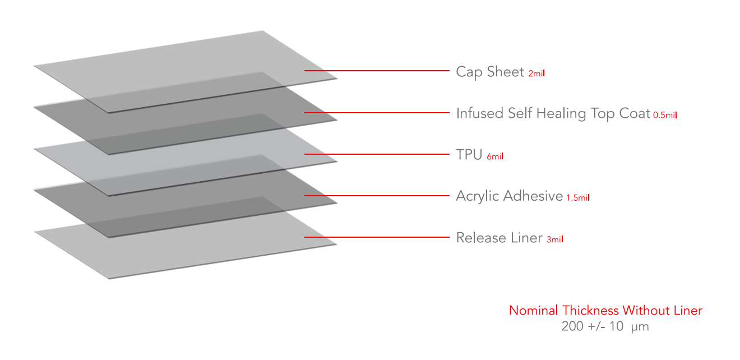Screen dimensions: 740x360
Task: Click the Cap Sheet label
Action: click(490, 72)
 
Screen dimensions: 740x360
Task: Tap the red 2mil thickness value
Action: click(536, 73)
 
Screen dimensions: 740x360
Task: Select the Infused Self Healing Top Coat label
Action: click(553, 113)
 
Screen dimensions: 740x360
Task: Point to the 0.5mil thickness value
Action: click(665, 115)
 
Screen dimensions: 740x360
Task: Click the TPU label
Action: click(469, 155)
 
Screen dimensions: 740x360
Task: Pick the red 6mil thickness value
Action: click(495, 156)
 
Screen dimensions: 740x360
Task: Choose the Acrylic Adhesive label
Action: click(510, 196)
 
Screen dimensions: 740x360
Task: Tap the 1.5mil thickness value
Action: click(578, 198)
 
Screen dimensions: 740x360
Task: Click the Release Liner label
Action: click(499, 238)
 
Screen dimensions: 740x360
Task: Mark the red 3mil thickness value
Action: click(555, 239)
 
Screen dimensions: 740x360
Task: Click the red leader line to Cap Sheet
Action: click(377, 71)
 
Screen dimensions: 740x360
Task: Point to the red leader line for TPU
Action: click(377, 154)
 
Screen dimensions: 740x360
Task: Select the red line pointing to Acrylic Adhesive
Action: click(377, 196)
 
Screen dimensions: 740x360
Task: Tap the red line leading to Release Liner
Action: click(377, 237)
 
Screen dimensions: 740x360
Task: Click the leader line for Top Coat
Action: click(377, 113)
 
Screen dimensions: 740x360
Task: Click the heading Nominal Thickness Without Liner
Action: click(605, 311)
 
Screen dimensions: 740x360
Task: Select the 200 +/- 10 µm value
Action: click(605, 326)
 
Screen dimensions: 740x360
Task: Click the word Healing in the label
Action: click(561, 114)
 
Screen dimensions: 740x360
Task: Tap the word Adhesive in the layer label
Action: click(533, 196)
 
